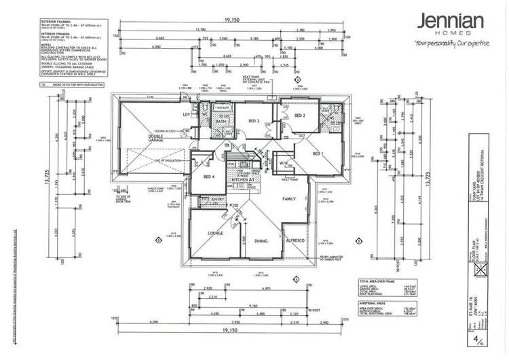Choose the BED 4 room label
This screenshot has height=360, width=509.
coord(209,177)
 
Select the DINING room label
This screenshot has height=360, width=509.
coord(262,241)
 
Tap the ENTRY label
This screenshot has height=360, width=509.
coord(202,198)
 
